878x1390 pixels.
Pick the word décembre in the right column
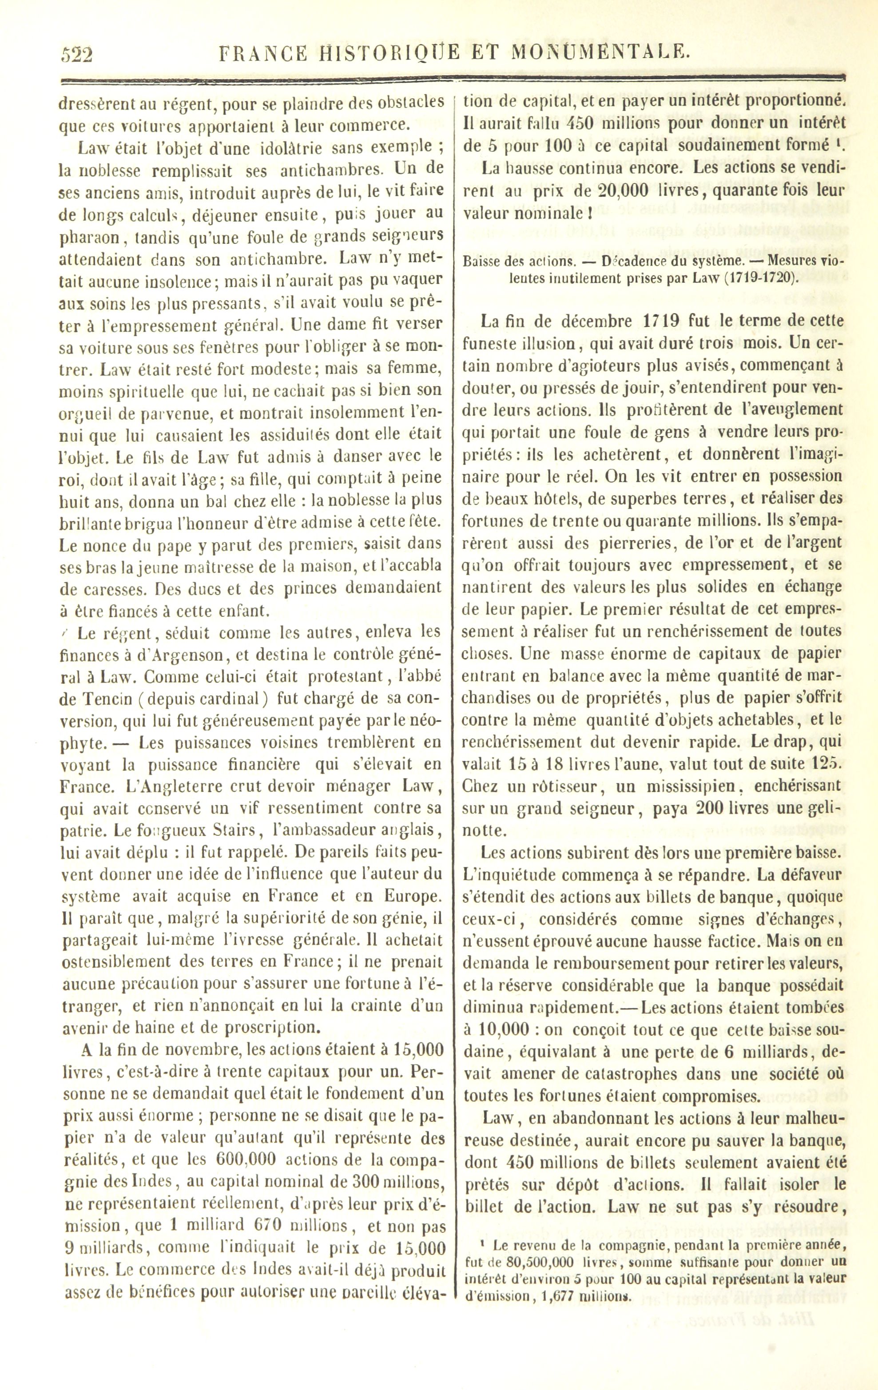(552, 321)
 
